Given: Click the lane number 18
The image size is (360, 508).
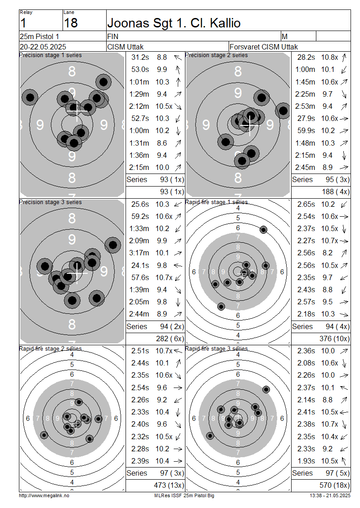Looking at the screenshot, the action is click(71, 23).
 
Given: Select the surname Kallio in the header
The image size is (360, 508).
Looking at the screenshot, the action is click(225, 23).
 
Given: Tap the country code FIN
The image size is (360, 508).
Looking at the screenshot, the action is click(112, 36).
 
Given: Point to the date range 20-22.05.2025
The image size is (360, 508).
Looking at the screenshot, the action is click(43, 47).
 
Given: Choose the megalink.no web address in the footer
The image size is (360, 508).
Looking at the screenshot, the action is click(44, 496).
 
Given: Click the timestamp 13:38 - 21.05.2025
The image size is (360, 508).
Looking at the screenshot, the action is click(330, 496).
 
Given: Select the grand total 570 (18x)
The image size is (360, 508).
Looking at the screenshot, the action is click(334, 486).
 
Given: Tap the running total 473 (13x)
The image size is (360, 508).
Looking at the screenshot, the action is click(169, 486).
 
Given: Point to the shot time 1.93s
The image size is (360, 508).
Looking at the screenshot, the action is click(306, 461).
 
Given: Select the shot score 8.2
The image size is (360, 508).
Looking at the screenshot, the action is click(327, 253).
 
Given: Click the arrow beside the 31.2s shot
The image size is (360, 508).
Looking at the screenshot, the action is click(178, 58).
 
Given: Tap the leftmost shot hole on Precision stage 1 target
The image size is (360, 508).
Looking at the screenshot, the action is click(30, 97).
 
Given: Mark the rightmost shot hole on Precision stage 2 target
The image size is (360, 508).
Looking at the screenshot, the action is click(283, 111).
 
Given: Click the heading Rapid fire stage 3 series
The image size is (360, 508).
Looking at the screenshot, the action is click(216, 348).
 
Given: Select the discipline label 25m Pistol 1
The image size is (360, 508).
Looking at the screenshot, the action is click(39, 36).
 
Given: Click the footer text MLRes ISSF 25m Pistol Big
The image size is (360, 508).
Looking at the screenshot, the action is click(184, 496).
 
